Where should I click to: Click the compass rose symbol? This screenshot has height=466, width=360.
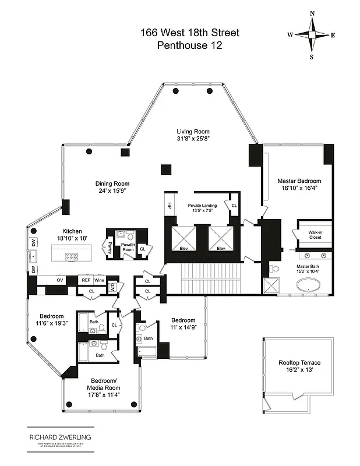312,35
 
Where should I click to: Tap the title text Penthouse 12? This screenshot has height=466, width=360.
181,45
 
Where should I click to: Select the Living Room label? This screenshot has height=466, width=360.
193,132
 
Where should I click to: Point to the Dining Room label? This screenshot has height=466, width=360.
112,184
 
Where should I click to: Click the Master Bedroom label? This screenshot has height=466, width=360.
298,181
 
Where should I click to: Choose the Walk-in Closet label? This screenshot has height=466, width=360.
316,235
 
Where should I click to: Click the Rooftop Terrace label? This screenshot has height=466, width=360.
299,363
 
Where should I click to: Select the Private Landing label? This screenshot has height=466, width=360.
202,206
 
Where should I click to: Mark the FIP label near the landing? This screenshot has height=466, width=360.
170,207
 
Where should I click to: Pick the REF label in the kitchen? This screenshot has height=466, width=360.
85,280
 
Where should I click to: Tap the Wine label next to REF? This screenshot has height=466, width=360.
100,280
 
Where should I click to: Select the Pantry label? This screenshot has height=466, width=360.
110,247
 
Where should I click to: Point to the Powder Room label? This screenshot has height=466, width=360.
128,247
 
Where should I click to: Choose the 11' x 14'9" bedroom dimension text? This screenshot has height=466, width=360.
182,329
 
